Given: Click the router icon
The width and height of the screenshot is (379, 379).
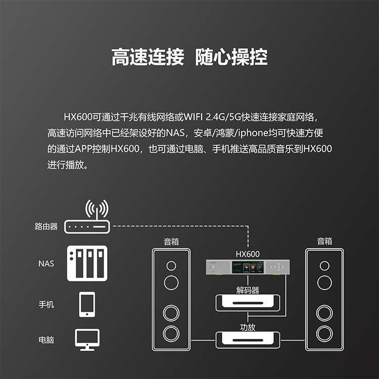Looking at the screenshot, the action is tap(87, 227).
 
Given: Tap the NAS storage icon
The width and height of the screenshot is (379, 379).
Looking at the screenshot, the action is tap(87, 263).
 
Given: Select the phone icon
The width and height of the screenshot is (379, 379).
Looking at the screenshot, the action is tap(87, 304).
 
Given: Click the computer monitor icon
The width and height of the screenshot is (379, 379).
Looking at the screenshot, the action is tap(87, 340).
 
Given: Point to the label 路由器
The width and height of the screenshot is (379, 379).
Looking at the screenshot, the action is tap(46, 226).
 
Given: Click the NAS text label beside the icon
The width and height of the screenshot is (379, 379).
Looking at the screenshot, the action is tap(46, 263).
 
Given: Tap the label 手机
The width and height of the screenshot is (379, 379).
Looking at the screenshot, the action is tap(46, 304).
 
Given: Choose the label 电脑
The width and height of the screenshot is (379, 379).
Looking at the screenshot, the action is tap(46, 340).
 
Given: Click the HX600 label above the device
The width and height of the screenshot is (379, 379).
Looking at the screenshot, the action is tap(248, 254).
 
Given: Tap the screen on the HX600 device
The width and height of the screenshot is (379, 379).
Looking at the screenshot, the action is tap(248, 267).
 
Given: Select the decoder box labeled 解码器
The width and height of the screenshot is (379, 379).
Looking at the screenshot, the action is tap(248, 303).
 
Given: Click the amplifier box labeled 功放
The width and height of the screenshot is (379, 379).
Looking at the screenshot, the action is tap(248, 340).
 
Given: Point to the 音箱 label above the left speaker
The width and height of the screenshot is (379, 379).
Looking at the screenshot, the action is tap(171, 242).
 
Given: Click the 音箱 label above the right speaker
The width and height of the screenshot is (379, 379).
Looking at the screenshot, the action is tap(324, 241).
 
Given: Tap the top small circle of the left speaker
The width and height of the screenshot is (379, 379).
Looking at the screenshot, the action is tap(171, 266).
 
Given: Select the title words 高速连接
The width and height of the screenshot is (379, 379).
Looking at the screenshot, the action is tap(148, 57).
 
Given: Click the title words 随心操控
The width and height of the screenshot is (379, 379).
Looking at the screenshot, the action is tap(231, 57).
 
